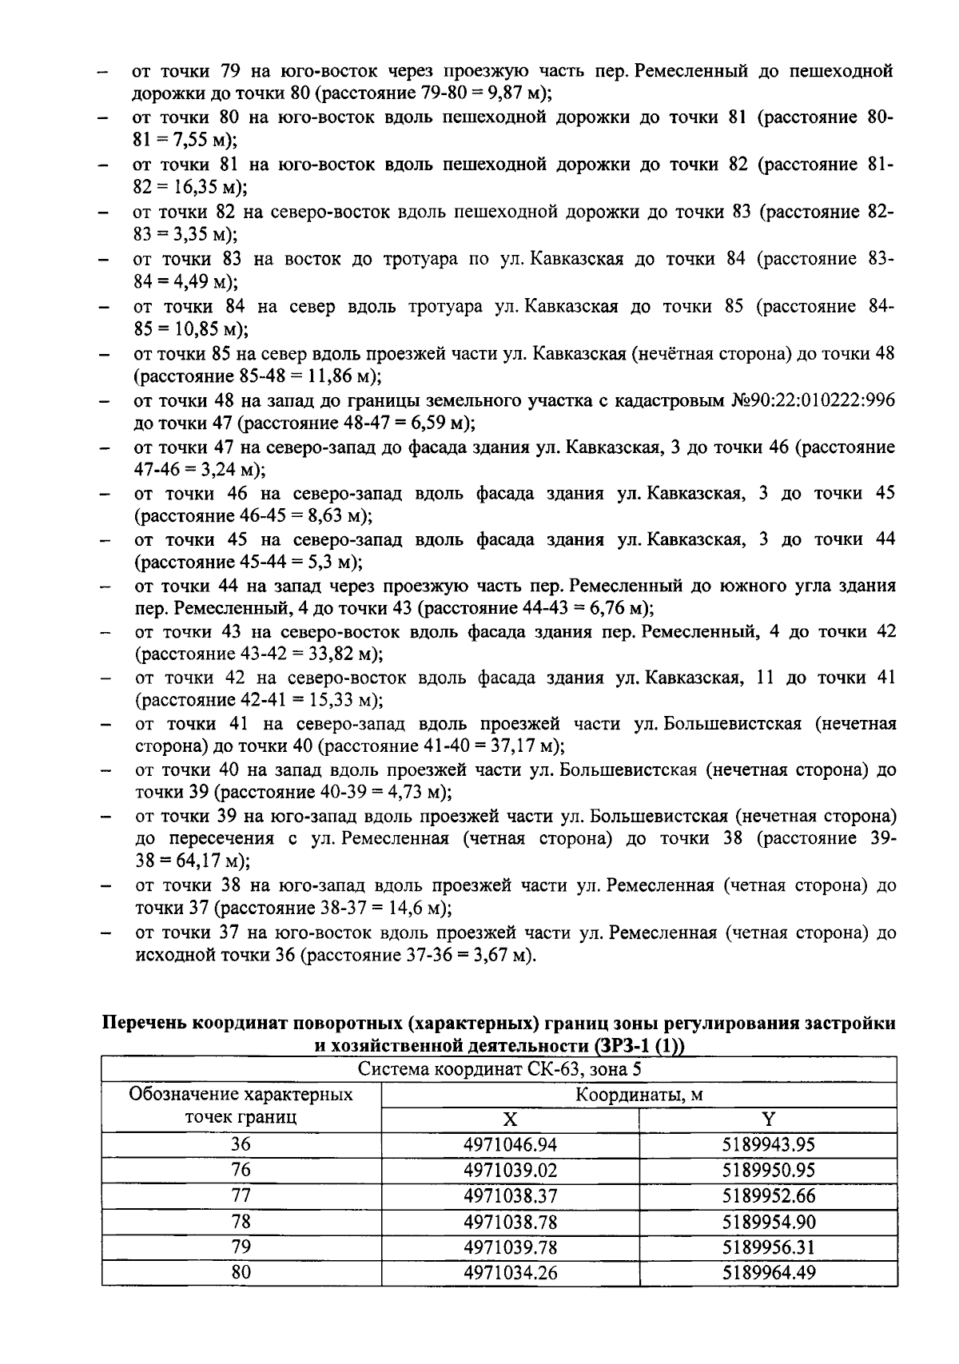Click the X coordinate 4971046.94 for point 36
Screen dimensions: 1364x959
point(510,1144)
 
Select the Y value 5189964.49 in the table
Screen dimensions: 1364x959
point(768,1272)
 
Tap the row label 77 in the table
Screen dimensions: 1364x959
point(241,1195)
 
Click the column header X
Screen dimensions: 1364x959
point(510,1119)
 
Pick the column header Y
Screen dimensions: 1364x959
point(768,1119)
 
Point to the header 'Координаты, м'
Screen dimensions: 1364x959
point(639,1094)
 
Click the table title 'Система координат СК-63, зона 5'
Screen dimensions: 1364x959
point(499,1069)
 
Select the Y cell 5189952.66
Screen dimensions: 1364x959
point(768,1195)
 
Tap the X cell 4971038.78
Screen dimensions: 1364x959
point(510,1221)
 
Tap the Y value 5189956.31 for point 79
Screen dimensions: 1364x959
point(768,1247)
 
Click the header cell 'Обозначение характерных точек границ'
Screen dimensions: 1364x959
point(241,1106)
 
